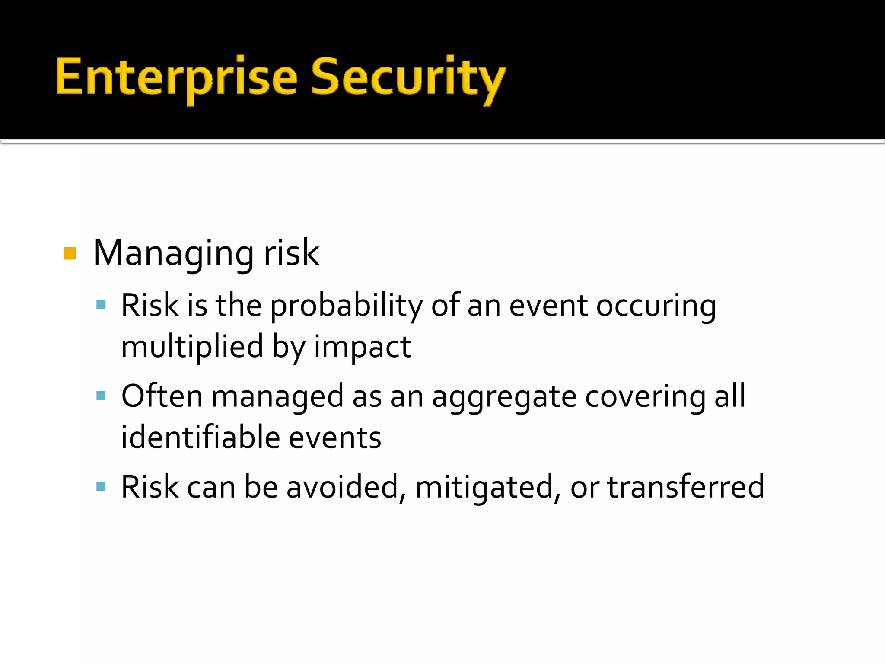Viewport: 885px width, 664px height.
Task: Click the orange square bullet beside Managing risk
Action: point(70,253)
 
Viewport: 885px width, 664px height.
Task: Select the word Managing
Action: point(173,253)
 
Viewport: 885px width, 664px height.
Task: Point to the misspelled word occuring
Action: point(656,306)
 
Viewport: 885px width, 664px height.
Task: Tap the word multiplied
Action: point(192,347)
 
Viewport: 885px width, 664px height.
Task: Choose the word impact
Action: point(362,347)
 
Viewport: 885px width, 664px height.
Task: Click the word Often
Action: point(162,396)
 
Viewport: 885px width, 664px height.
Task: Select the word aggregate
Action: point(504,397)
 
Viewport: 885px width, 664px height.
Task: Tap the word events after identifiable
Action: point(335,437)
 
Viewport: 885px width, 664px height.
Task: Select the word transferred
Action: point(686,486)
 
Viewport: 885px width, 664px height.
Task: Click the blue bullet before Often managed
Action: point(101,395)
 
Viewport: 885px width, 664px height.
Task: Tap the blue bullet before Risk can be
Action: point(101,486)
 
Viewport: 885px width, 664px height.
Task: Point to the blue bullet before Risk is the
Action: point(101,305)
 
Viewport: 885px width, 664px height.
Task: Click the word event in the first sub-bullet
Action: point(548,306)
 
